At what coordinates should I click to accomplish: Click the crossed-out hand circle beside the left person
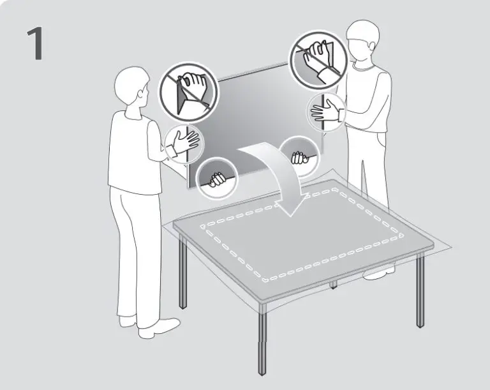[189, 93]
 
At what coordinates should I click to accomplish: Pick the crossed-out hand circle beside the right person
[319, 59]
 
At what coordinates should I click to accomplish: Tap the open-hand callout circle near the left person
[184, 144]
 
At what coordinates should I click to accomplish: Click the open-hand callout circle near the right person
[327, 112]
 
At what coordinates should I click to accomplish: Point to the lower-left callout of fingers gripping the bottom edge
[217, 178]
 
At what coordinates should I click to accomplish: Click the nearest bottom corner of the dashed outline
[265, 280]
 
